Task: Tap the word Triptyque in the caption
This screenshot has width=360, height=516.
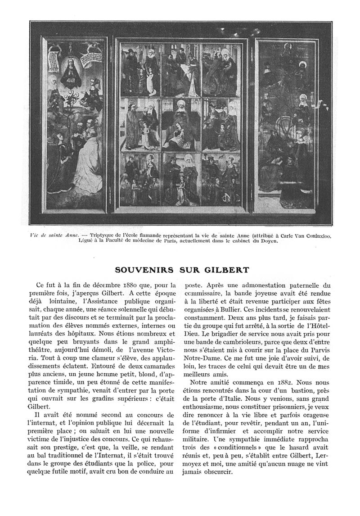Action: coord(105,235)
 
